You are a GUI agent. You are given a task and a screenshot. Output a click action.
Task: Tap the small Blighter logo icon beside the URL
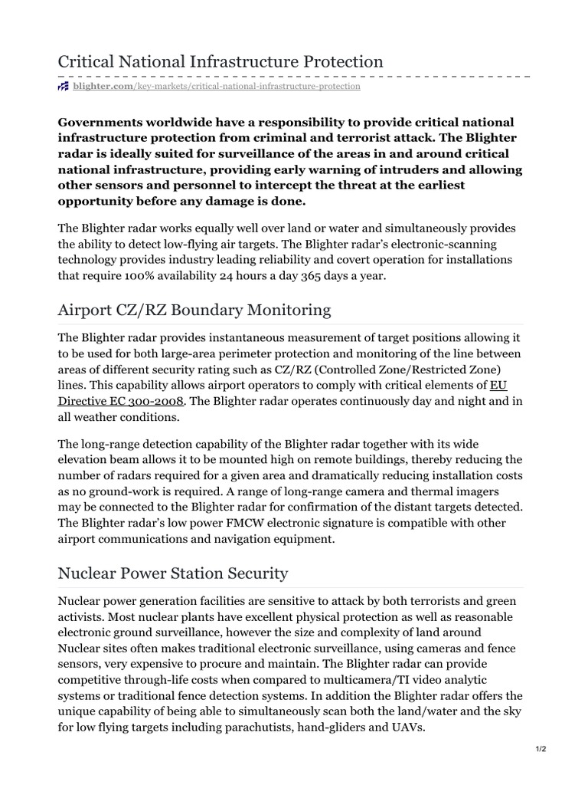point(64,87)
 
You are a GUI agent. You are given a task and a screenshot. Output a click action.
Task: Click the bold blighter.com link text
point(103,87)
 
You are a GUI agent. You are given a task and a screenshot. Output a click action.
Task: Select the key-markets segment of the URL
point(158,87)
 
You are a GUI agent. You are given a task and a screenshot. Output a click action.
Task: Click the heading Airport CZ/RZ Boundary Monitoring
point(194,310)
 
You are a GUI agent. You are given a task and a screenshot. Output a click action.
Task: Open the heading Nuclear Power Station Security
point(173,573)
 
